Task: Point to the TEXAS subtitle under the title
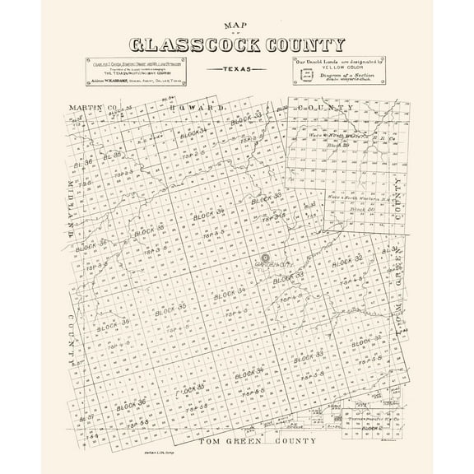coord(237,70)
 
